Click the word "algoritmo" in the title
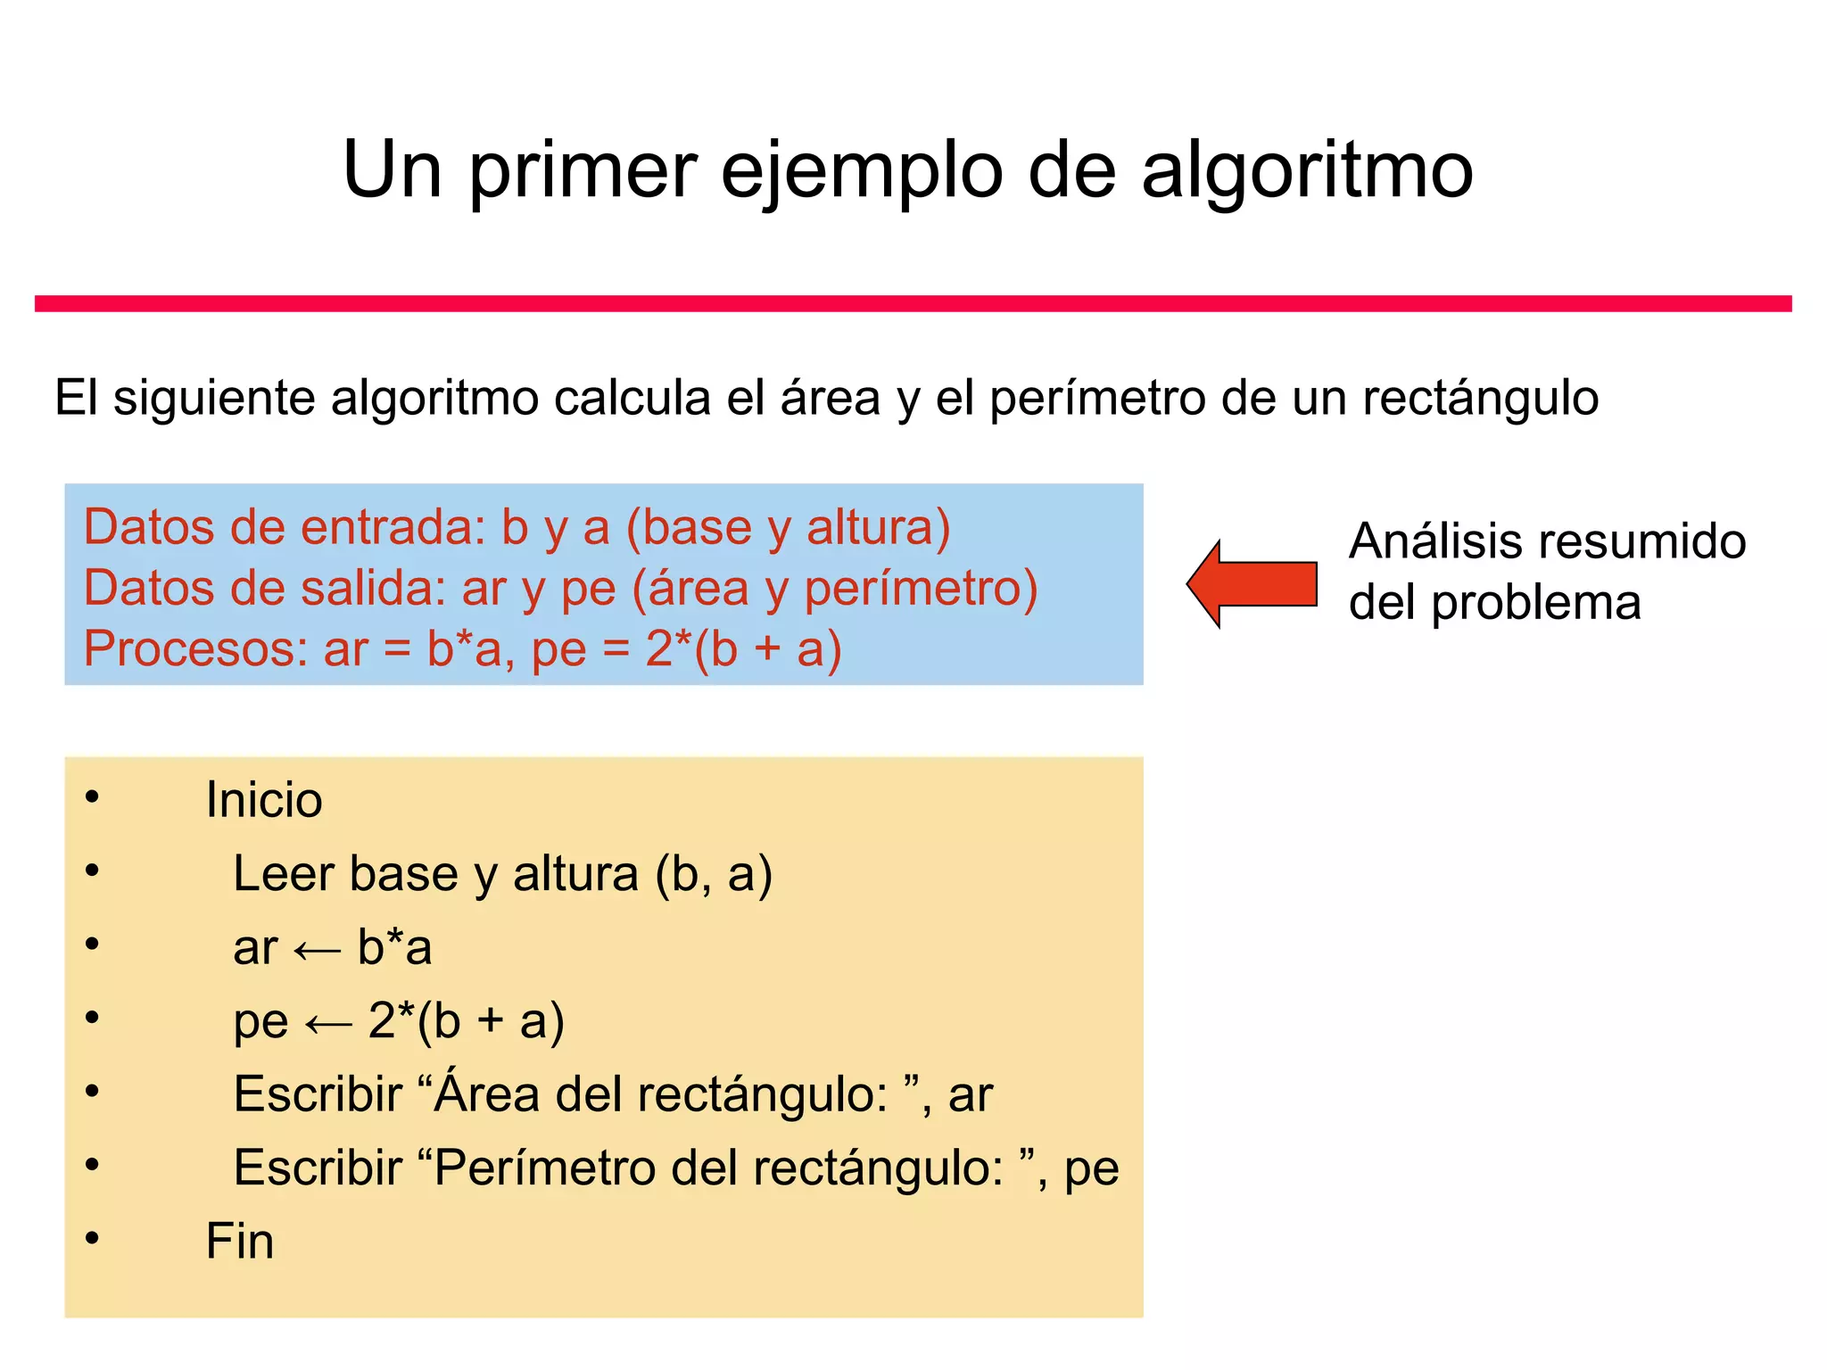click(1307, 171)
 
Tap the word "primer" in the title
click(583, 171)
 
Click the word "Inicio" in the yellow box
click(263, 799)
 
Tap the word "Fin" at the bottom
click(239, 1241)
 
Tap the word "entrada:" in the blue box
click(393, 527)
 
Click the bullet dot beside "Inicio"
click(92, 796)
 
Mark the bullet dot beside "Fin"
click(92, 1238)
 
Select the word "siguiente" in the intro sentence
click(214, 398)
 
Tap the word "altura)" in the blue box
click(878, 527)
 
